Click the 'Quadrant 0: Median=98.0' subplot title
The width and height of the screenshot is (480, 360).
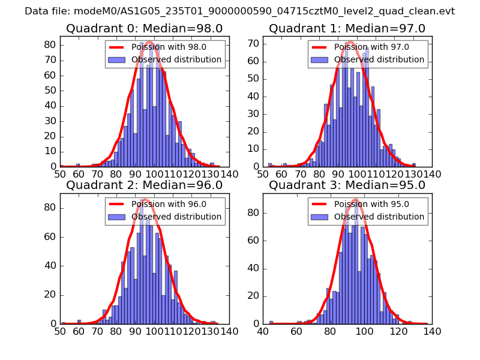click(144, 29)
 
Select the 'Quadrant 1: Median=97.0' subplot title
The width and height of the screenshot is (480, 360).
click(347, 29)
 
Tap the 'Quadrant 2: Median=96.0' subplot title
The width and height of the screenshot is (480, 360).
click(144, 185)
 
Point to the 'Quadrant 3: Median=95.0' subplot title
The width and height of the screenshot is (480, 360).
click(347, 185)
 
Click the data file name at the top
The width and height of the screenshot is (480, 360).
click(239, 11)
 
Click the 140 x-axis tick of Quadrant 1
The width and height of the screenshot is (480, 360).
click(432, 174)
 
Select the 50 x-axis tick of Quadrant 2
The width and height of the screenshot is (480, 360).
click(60, 331)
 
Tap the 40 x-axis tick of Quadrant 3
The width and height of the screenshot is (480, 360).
click(263, 331)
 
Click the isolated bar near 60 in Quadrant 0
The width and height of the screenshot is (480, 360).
click(78, 165)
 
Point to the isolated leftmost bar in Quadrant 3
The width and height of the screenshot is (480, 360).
click(271, 322)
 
